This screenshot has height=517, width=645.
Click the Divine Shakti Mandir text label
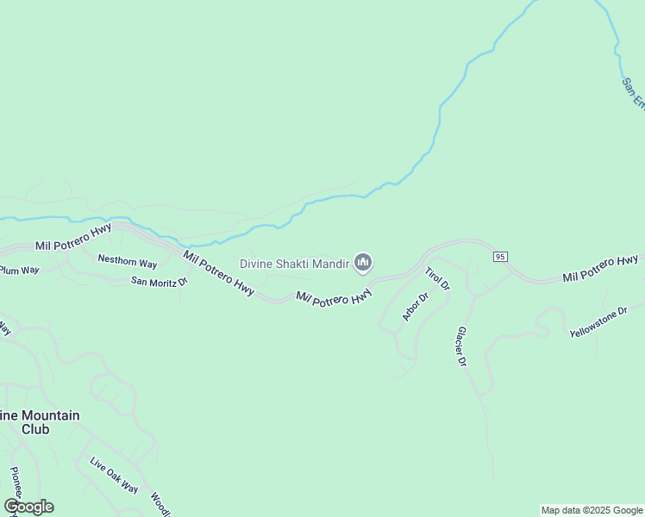294,263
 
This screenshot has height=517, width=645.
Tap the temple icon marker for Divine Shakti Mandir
363,262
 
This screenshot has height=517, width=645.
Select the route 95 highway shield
499,257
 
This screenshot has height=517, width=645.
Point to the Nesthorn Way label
128,260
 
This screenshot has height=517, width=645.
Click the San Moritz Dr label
159,281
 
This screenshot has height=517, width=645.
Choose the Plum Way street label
19,270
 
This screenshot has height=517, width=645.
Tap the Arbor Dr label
415,308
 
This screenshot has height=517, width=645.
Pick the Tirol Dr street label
437,278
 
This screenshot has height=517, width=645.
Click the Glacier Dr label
461,347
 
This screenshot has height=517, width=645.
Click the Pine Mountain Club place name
39,422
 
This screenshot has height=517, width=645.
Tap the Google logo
28,507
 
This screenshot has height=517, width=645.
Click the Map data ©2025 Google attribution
592,510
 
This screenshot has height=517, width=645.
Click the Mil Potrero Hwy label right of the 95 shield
600,268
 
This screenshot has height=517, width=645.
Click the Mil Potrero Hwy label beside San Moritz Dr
219,274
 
